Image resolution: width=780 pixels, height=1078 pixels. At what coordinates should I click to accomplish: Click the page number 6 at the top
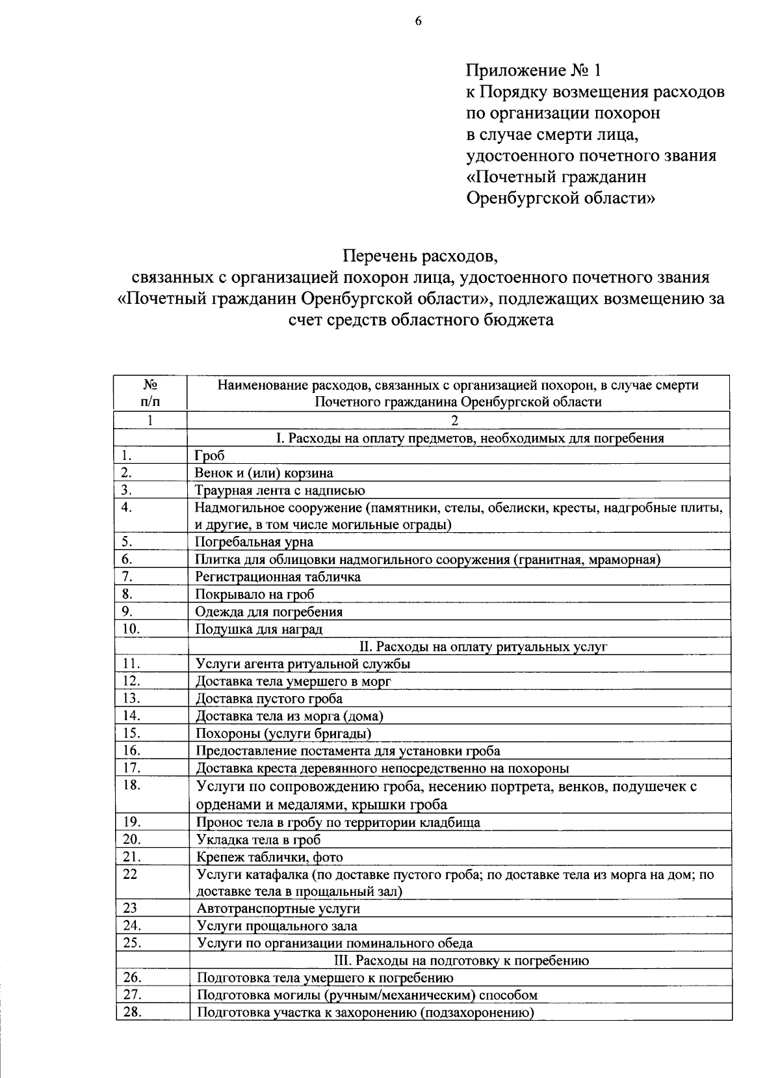[418, 21]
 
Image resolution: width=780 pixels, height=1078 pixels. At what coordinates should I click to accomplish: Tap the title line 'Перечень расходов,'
[420, 256]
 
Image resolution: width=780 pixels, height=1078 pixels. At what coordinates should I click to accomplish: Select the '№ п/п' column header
[149, 393]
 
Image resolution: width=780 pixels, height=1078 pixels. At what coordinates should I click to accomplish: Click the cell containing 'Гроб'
[210, 455]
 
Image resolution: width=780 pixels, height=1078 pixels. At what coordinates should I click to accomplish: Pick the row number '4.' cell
[127, 507]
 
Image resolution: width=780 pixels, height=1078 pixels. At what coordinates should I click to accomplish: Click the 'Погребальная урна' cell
[254, 542]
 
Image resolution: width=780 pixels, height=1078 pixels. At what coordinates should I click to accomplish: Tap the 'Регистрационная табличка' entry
[278, 576]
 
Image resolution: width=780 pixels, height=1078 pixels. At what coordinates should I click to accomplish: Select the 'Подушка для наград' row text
[259, 629]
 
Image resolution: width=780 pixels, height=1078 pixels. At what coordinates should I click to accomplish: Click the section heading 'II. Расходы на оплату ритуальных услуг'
[483, 646]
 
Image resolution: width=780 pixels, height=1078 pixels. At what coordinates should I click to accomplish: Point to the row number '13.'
[131, 698]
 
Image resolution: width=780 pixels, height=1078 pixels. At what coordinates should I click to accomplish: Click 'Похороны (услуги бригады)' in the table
[283, 733]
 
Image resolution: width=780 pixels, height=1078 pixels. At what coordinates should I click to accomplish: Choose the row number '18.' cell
[131, 785]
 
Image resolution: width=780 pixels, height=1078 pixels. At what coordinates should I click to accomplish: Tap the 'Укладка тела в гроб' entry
[258, 839]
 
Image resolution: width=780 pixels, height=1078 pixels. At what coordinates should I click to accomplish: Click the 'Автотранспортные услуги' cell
[278, 908]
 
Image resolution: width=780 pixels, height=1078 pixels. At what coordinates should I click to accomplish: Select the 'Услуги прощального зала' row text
[277, 926]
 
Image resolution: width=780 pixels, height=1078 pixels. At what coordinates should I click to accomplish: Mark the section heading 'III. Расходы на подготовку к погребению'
[461, 960]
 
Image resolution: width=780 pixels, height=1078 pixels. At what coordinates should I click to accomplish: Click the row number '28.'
[132, 1012]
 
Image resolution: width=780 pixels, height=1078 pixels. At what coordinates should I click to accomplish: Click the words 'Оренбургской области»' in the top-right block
[560, 198]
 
